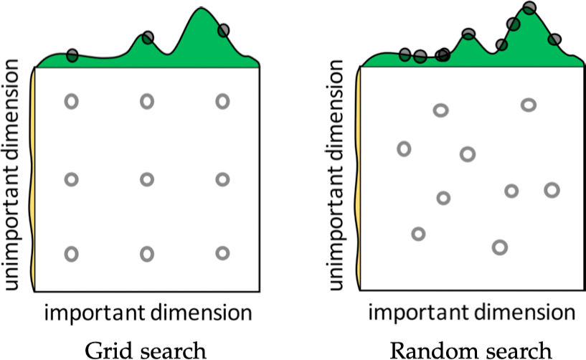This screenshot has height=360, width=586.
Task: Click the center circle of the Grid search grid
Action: click(147, 179)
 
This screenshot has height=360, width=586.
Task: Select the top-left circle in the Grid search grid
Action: click(71, 102)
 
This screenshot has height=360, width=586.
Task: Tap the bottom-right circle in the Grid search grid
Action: click(222, 253)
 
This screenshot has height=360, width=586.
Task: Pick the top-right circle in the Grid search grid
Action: click(222, 102)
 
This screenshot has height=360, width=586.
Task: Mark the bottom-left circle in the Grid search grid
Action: click(71, 253)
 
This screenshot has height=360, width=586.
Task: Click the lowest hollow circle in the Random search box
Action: click(499, 247)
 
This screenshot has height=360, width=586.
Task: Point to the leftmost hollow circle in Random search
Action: click(405, 149)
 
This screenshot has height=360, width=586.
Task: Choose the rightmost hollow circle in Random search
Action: click(552, 189)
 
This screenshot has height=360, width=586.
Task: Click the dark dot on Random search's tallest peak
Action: click(529, 8)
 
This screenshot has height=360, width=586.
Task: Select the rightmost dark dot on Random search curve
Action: click(554, 39)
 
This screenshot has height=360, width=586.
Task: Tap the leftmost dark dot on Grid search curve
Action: click(72, 55)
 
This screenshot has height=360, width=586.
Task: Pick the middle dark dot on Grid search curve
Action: click(148, 37)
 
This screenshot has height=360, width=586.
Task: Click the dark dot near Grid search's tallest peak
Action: click(224, 30)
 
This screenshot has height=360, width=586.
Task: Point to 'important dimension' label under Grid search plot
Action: click(148, 313)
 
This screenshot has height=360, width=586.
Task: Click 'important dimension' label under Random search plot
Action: click(471, 313)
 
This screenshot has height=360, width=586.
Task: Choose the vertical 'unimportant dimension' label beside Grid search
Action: click(14, 176)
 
